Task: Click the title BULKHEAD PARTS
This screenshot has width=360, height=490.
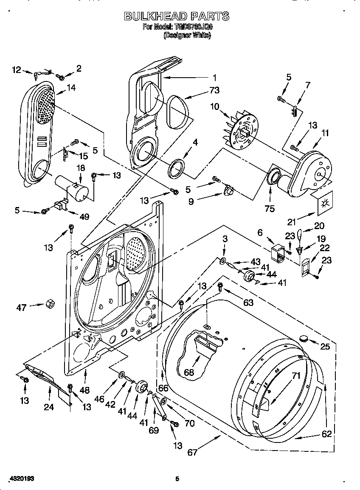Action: coord(176,16)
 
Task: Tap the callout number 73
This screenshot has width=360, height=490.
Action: coord(214,90)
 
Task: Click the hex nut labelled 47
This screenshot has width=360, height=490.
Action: coord(49,304)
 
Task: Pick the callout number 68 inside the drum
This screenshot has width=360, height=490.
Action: coord(189,372)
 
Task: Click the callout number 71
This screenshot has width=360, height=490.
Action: coord(296,375)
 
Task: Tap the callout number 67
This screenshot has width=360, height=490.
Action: coord(192,453)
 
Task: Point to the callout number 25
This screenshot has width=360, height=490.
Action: coord(325,347)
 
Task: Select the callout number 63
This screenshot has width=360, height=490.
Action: coord(248,302)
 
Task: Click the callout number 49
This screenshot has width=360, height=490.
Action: coord(84,217)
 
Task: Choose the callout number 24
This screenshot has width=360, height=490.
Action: coord(49,408)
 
